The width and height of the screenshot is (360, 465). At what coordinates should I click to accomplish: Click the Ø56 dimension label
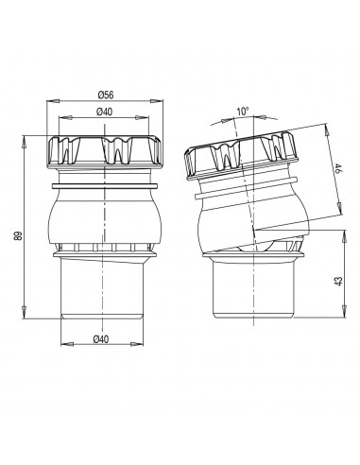click(106, 95)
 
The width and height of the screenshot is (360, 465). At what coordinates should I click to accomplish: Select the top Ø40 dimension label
click(104, 112)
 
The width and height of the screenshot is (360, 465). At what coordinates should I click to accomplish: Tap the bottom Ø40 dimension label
click(101, 339)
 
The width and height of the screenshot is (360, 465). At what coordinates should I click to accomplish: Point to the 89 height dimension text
click(18, 236)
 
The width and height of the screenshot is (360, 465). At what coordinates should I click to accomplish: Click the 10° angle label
click(243, 112)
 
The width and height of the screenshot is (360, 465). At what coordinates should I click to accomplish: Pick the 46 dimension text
click(337, 168)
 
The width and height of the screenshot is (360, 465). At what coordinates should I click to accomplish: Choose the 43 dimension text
click(338, 281)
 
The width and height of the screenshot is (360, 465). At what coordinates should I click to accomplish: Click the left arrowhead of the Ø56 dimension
click(53, 101)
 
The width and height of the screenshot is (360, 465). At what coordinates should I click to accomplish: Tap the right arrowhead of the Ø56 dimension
click(157, 101)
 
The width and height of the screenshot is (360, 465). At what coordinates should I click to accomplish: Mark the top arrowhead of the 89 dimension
click(24, 142)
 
